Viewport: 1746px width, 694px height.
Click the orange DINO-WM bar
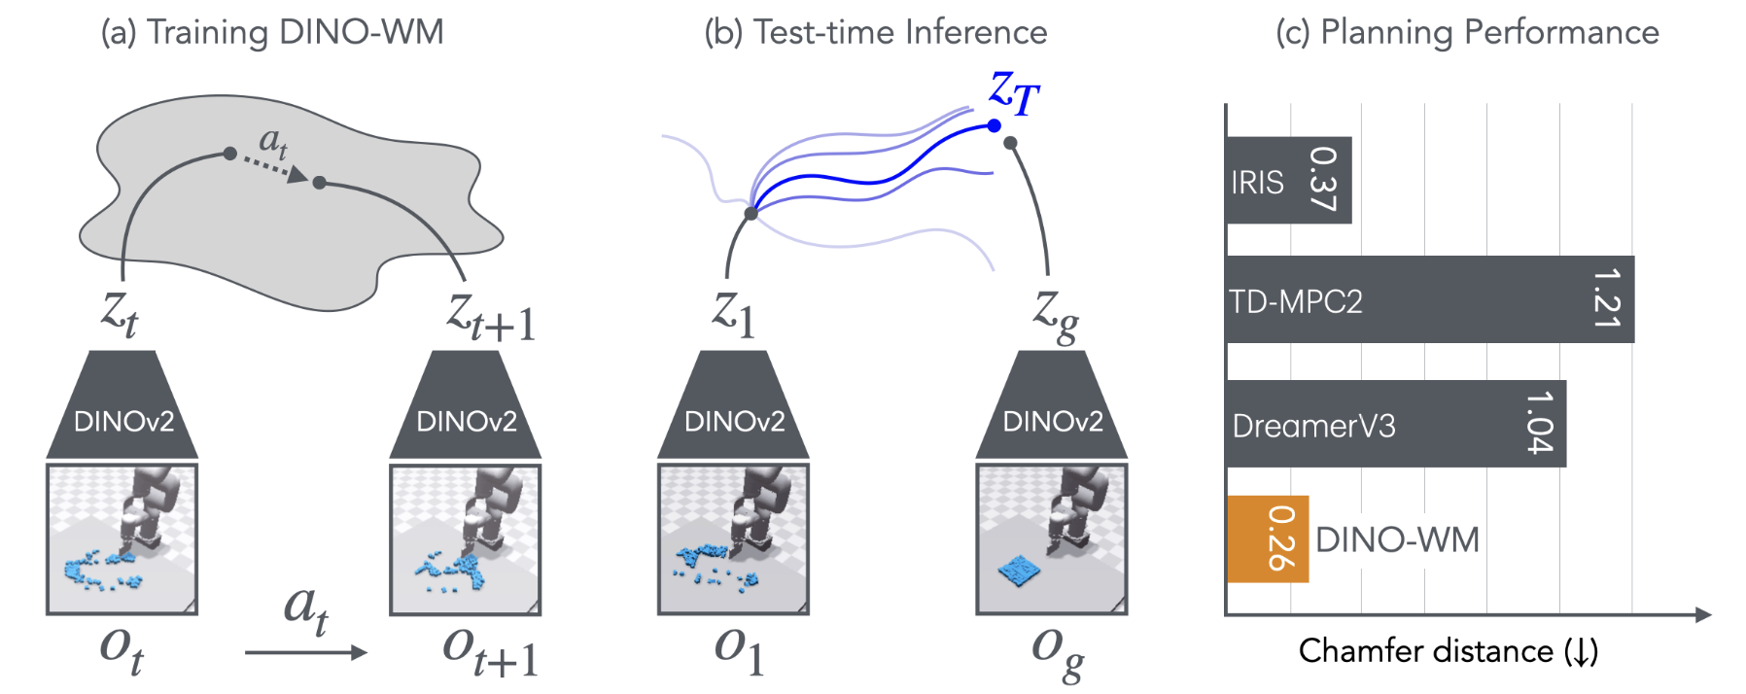1268,539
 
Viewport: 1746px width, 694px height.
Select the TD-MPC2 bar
1429,299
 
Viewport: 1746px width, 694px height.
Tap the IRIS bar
1288,181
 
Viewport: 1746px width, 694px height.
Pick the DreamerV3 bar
1395,424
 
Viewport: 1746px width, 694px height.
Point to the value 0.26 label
1281,539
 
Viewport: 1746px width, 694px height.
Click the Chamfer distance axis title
1449,651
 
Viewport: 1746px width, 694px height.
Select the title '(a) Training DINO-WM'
272,32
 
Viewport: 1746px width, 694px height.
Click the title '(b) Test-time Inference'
876,32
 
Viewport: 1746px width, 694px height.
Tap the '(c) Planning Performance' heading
1467,32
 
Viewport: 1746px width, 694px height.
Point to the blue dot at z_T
994,125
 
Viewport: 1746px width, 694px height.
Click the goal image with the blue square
1052,539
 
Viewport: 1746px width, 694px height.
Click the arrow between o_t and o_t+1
305,652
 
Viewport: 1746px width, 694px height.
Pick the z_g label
1056,315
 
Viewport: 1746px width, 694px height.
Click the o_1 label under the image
739,649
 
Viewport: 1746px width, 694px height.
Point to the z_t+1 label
491,317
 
